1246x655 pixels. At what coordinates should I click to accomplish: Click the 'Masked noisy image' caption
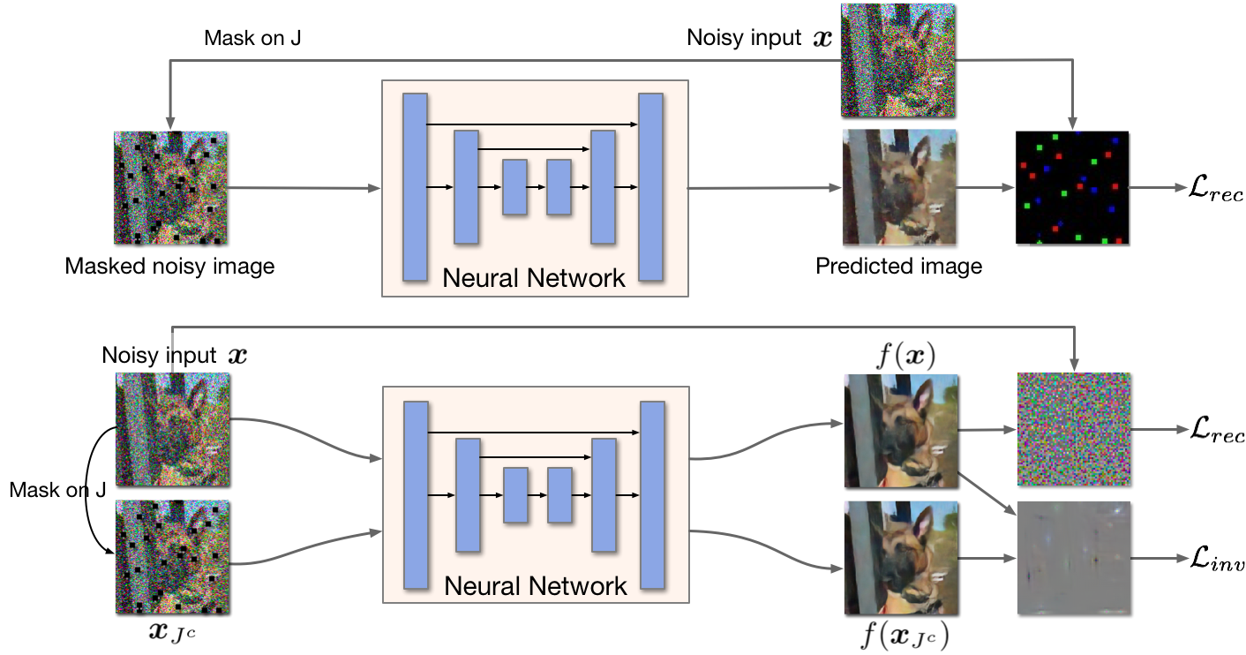pyautogui.click(x=169, y=266)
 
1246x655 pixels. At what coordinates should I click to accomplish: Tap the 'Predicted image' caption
pyautogui.click(x=898, y=266)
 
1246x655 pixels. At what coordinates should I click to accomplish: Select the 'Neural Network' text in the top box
pyautogui.click(x=533, y=278)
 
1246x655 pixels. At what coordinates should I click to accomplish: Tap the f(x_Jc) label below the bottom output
pyautogui.click(x=901, y=636)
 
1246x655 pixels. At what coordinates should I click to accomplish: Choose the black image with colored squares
pyautogui.click(x=1072, y=188)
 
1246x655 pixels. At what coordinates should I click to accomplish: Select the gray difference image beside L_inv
pyautogui.click(x=1074, y=558)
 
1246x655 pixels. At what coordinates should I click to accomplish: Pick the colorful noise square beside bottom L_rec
pyautogui.click(x=1074, y=429)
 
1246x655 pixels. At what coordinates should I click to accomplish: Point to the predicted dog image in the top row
pyautogui.click(x=899, y=187)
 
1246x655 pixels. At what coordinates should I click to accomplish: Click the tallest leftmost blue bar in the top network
pyautogui.click(x=414, y=186)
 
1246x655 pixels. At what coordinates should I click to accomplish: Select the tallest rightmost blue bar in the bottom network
pyautogui.click(x=652, y=494)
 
